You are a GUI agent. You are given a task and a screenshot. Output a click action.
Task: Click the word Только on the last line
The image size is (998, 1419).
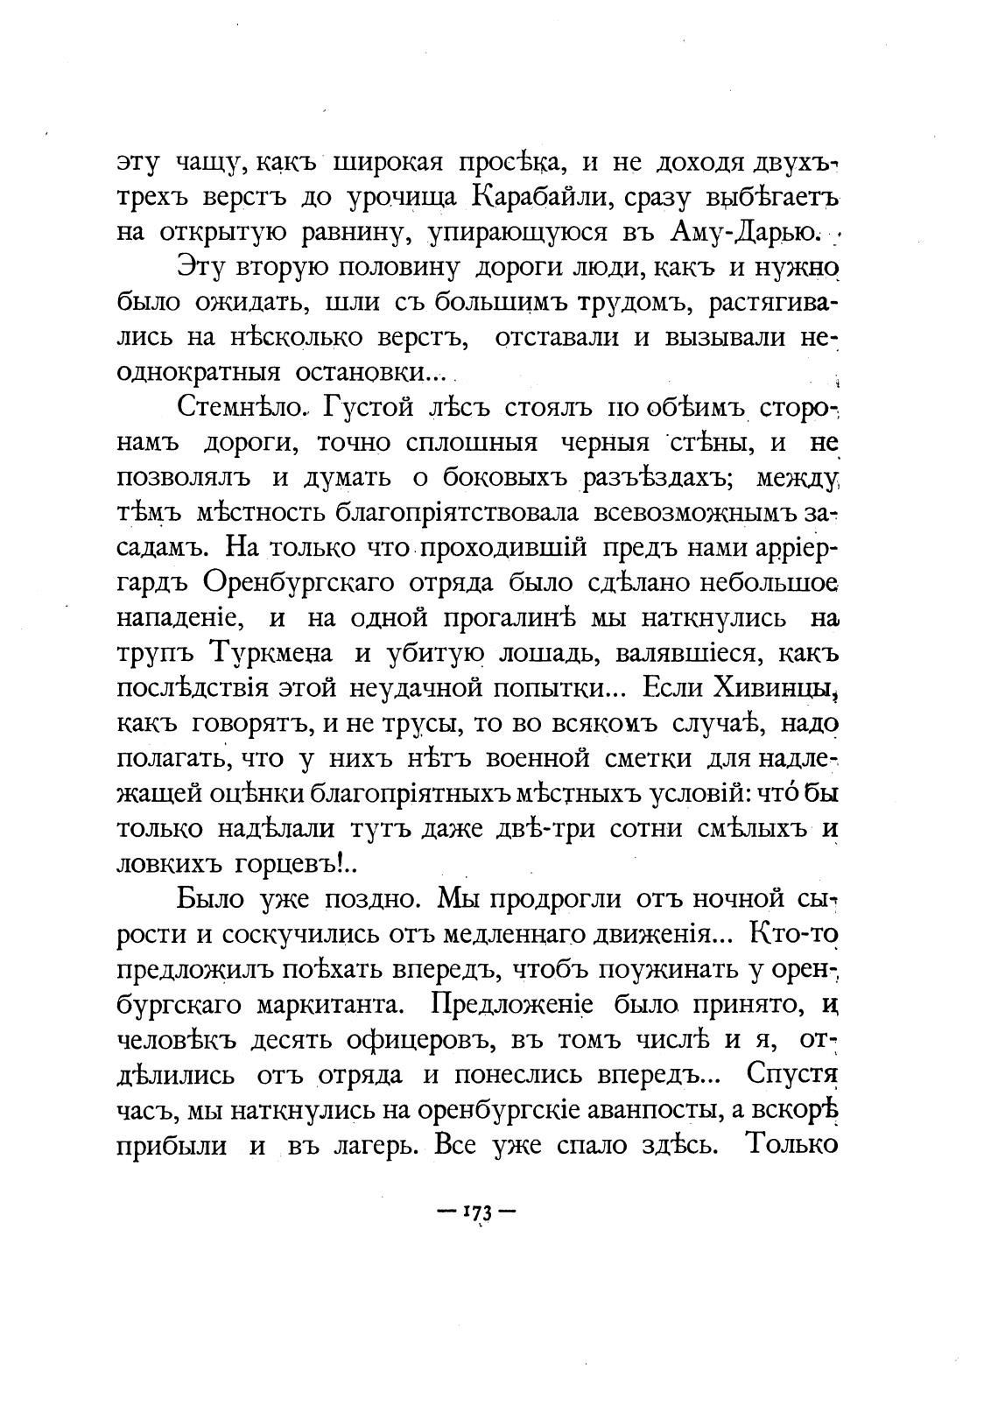(x=790, y=1144)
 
